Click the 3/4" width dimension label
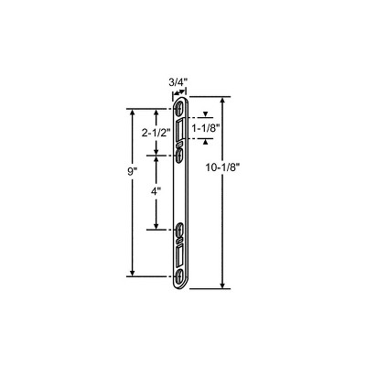coord(178,82)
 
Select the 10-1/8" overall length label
coord(222,167)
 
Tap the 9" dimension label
coord(131,172)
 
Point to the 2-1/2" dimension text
coord(156,133)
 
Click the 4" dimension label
coord(156,191)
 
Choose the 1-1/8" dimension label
coord(206,128)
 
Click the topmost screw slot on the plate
coord(179,109)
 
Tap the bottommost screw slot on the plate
coord(179,276)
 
